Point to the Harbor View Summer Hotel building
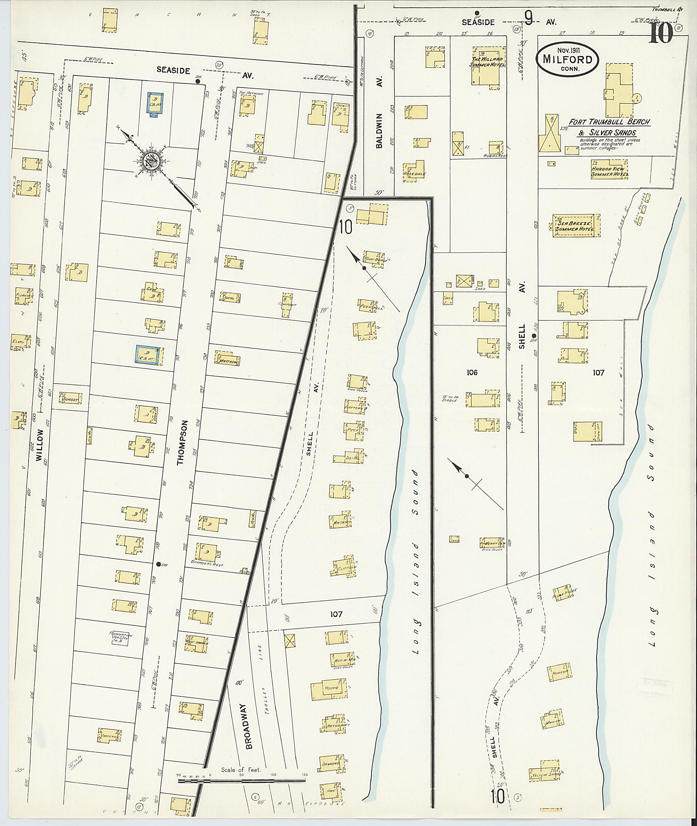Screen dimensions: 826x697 [609, 169]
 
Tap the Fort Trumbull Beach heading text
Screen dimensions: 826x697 [609, 122]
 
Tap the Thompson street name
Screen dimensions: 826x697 [181, 442]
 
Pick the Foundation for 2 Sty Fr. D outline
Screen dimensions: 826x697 [121, 638]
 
